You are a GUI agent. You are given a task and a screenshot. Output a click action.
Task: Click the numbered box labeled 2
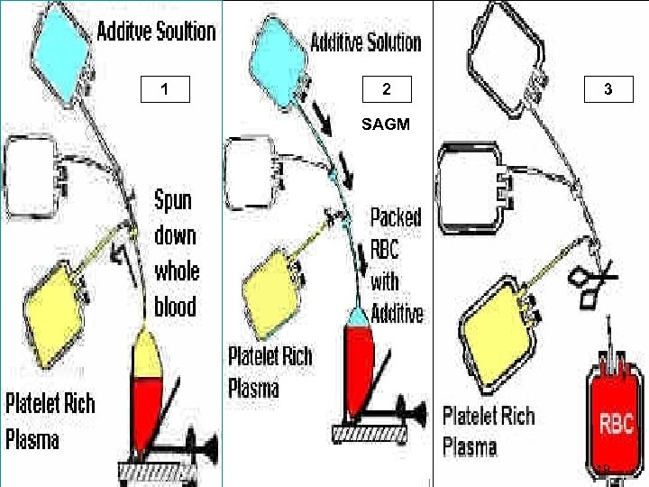click(386, 89)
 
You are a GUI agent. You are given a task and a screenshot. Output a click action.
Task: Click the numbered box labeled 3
click(608, 89)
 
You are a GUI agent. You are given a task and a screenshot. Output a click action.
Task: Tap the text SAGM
click(386, 125)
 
